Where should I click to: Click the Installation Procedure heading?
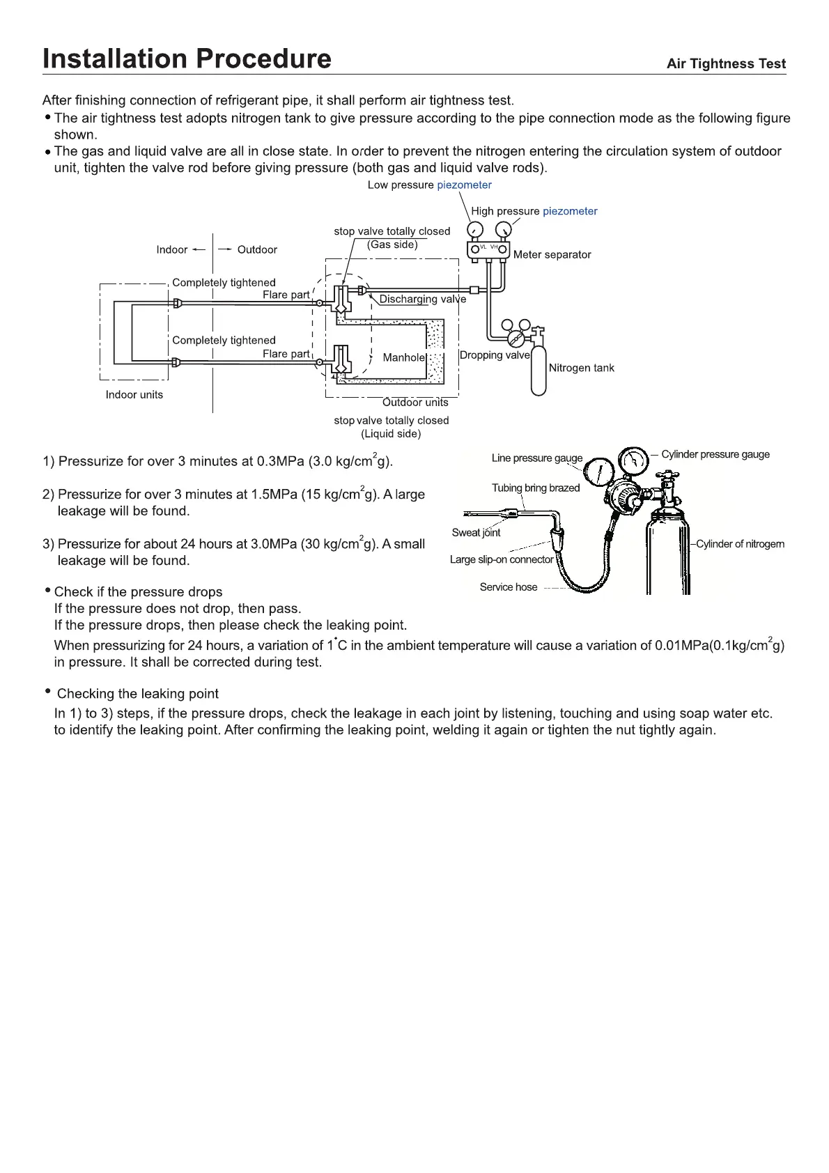click(187, 59)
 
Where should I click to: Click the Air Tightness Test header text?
click(726, 64)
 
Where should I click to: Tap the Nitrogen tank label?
click(581, 368)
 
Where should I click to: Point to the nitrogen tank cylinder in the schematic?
click(539, 373)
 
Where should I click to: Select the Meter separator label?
click(552, 255)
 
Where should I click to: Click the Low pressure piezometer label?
click(429, 185)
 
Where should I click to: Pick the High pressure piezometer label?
click(534, 211)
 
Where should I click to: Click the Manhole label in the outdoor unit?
click(403, 357)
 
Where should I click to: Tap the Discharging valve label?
click(422, 300)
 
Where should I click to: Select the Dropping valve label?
click(495, 355)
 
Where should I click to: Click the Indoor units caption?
click(134, 395)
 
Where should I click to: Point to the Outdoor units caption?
click(415, 403)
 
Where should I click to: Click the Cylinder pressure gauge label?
click(715, 454)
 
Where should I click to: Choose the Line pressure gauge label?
click(536, 458)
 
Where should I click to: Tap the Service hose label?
click(509, 587)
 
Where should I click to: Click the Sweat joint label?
click(476, 533)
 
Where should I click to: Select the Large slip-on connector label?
click(501, 559)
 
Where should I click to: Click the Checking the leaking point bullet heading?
click(137, 694)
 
